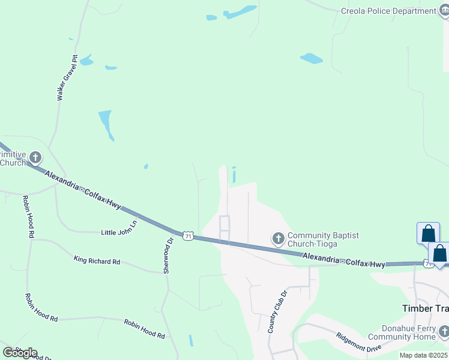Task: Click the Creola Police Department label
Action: [388, 11]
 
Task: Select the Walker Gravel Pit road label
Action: [67, 78]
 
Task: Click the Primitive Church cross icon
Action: [35, 158]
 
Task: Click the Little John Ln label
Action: [119, 232]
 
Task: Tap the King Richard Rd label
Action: [97, 261]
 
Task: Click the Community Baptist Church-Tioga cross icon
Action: [278, 239]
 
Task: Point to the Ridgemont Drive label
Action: [359, 343]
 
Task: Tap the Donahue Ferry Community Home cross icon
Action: [444, 331]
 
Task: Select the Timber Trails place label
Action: [425, 308]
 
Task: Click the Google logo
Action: [19, 352]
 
